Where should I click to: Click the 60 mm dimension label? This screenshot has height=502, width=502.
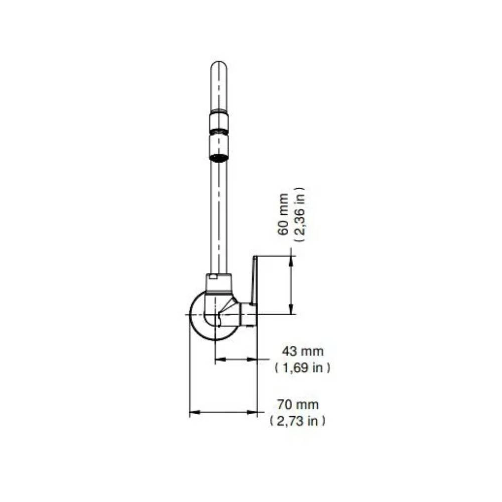click(283, 214)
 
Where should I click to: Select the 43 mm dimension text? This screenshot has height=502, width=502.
click(303, 351)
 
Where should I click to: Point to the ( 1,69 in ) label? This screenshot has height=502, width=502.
click(302, 367)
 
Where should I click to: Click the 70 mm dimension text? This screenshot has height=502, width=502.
click(298, 404)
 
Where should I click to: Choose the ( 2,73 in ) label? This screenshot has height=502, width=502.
click(297, 421)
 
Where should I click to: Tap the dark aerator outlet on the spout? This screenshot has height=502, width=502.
click(219, 157)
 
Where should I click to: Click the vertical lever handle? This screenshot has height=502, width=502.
click(254, 280)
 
